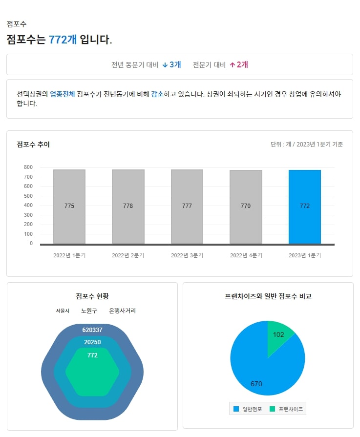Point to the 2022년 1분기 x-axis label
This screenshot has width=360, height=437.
(x=69, y=255)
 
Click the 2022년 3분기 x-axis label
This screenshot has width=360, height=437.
(x=187, y=255)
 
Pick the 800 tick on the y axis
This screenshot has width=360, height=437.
(x=28, y=167)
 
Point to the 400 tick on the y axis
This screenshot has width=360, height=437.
(x=28, y=205)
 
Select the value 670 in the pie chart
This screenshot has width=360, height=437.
(x=256, y=384)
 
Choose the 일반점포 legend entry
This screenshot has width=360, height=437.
(x=249, y=409)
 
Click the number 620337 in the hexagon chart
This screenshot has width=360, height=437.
(x=92, y=330)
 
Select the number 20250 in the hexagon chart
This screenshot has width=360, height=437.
(x=92, y=342)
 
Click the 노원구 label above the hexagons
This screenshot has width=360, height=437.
(x=89, y=311)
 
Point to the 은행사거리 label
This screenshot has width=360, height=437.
(x=122, y=311)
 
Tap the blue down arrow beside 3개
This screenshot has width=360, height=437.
(x=165, y=64)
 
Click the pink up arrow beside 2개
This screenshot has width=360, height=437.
(x=233, y=64)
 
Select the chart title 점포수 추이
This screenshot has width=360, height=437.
(x=33, y=145)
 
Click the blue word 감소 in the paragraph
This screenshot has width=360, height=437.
(x=157, y=94)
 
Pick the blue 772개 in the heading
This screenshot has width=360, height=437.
(x=63, y=40)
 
